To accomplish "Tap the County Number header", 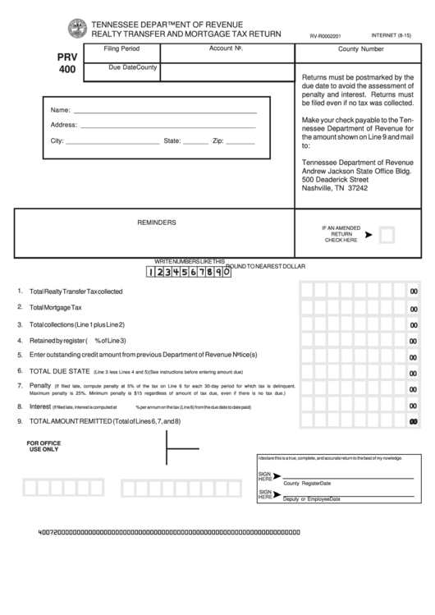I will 361,49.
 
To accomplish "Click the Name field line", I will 164,110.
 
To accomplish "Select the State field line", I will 195,141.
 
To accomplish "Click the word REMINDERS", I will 156,222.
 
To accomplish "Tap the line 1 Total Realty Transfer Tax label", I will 76,291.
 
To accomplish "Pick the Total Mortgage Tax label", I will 56,307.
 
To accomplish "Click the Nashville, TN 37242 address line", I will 335,188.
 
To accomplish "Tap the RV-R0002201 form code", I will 327,37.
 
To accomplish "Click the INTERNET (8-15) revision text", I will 392,36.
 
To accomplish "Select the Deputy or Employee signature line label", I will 311,499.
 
